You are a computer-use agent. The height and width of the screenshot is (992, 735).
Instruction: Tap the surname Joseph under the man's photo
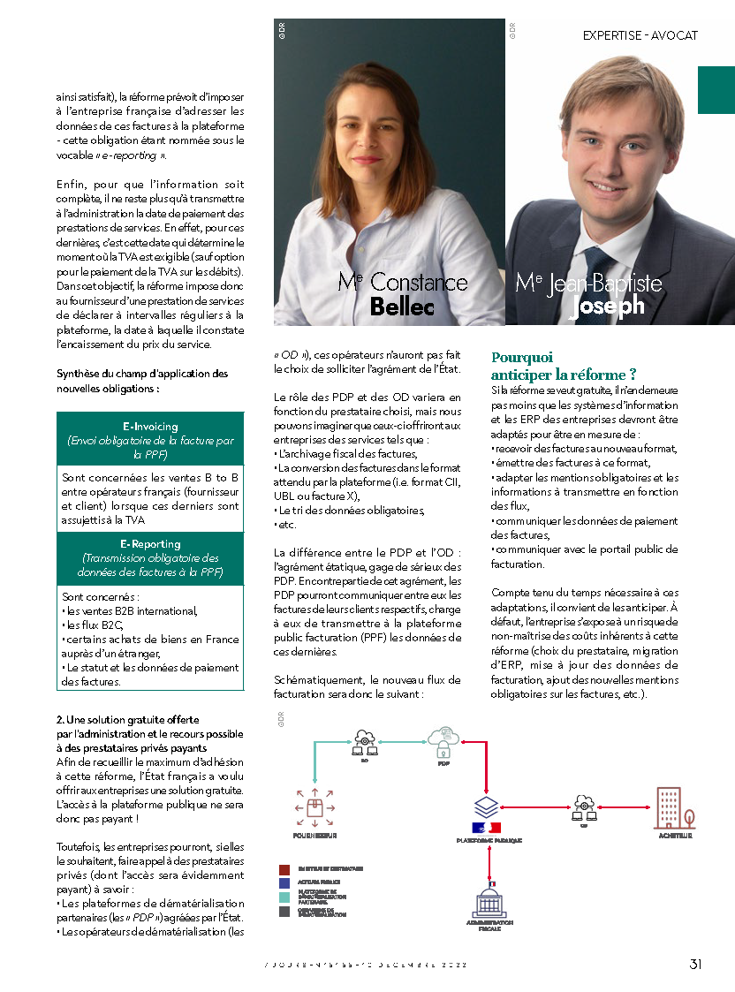coord(609,306)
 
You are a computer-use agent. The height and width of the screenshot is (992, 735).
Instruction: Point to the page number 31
coord(696,964)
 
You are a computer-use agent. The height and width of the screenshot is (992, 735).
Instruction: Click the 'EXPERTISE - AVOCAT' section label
coord(640,35)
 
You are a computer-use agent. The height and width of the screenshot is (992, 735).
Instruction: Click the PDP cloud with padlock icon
coord(443,738)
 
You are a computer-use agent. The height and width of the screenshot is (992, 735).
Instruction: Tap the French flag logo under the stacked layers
coord(487,828)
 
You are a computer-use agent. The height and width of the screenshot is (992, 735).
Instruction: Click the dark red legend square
coord(284,869)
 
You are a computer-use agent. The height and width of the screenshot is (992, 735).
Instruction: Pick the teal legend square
coord(284,896)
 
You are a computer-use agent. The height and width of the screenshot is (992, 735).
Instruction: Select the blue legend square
coord(284,882)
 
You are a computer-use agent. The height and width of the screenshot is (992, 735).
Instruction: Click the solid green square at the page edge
coord(716,89)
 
